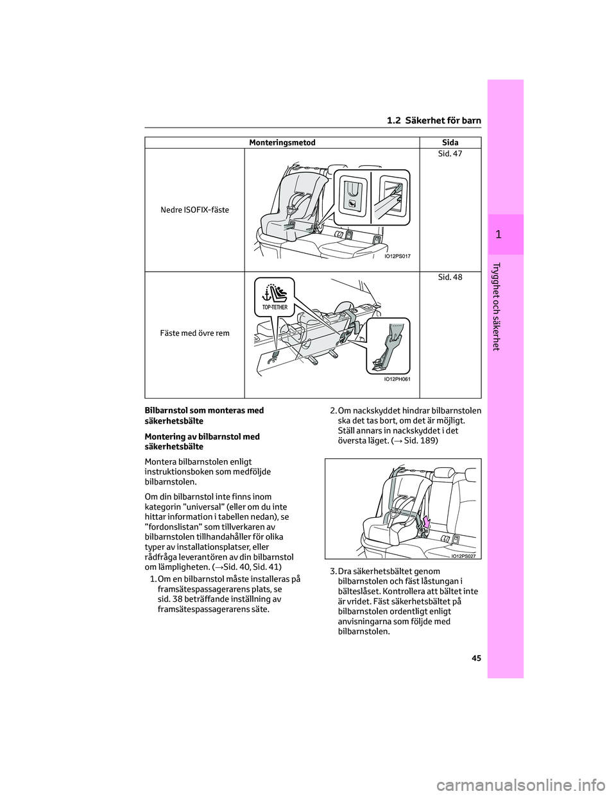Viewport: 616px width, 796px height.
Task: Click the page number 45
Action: tap(476, 659)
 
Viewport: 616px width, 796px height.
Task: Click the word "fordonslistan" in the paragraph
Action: tap(173, 527)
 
